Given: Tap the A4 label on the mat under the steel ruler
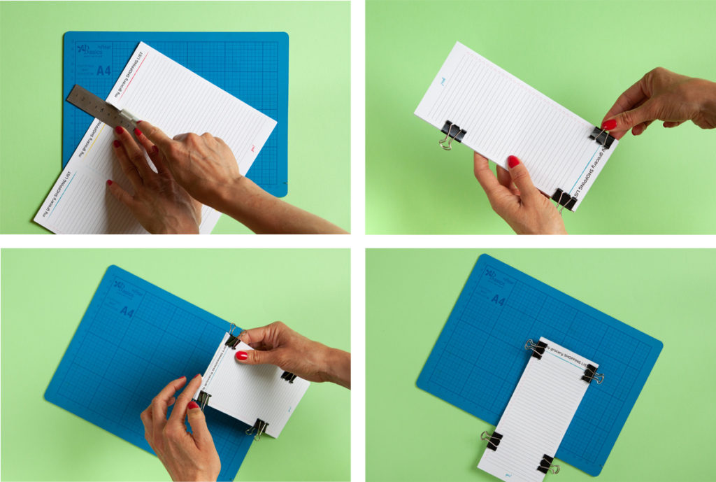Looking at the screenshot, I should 103,70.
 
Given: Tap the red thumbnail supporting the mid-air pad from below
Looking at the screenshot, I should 514,162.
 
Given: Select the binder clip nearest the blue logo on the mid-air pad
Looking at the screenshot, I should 452,134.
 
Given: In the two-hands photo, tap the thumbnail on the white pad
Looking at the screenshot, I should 241,355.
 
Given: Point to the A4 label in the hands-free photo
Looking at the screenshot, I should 498,300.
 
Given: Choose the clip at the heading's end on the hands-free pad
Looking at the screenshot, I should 592,374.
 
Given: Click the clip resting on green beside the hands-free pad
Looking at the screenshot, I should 492,439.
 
